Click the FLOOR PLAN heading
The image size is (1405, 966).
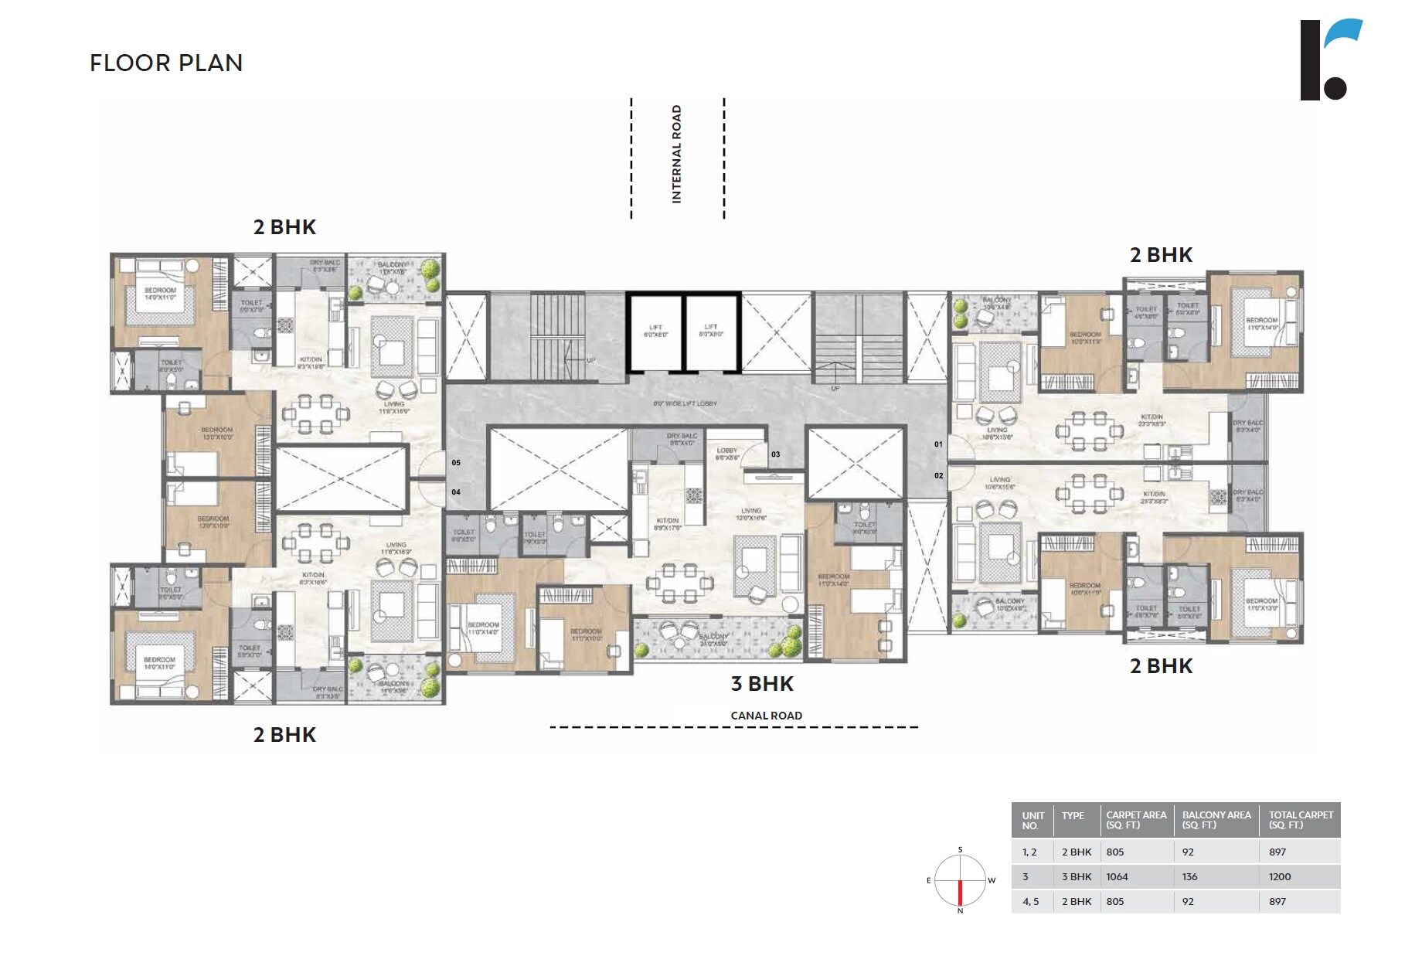tap(166, 63)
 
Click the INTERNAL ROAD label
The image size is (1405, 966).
tap(677, 155)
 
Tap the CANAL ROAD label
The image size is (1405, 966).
tap(766, 716)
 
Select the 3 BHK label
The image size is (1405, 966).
tap(762, 683)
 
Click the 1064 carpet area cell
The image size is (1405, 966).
tap(1117, 876)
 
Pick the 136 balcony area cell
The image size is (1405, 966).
tap(1189, 876)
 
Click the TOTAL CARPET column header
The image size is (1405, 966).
tap(1301, 820)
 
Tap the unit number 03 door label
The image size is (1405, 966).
tap(775, 454)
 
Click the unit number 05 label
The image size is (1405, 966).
tap(456, 463)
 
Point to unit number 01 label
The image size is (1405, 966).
tap(938, 444)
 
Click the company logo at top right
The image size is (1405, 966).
tap(1331, 60)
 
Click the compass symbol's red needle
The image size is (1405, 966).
tap(961, 893)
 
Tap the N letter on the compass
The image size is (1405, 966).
tap(961, 911)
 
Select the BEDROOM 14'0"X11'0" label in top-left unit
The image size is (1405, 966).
tap(160, 294)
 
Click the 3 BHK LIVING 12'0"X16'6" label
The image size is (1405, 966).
tap(751, 514)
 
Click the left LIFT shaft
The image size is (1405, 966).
tap(655, 331)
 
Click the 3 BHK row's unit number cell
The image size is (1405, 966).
tap(1026, 876)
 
